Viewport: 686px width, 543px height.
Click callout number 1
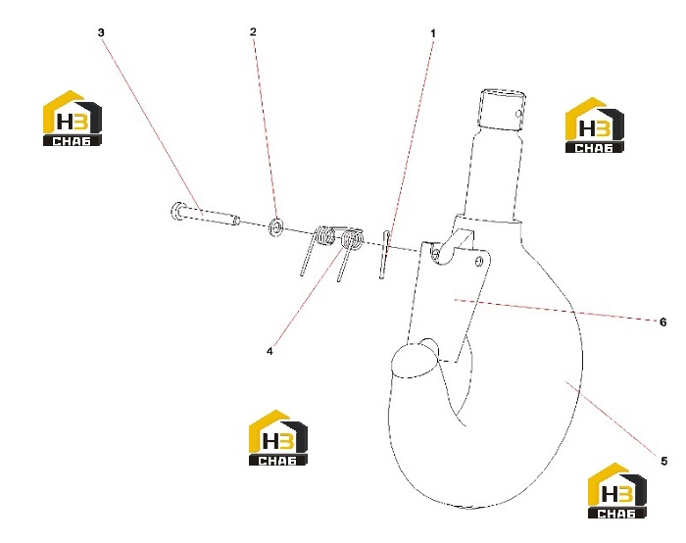(x=433, y=33)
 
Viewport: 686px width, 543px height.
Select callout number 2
(x=253, y=32)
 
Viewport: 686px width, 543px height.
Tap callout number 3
(x=101, y=32)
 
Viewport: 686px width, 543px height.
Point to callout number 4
(x=269, y=351)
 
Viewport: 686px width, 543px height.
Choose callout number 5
(x=664, y=462)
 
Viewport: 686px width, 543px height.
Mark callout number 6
(x=663, y=322)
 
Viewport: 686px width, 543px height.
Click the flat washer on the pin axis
(x=276, y=226)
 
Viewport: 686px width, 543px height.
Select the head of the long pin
(x=176, y=212)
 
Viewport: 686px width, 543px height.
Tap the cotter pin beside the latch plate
(x=384, y=254)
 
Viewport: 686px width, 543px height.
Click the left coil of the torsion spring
(x=324, y=236)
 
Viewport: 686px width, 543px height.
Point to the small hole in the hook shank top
(x=518, y=115)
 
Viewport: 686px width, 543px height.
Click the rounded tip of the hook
(x=414, y=360)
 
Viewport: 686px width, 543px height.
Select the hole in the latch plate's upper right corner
(x=478, y=261)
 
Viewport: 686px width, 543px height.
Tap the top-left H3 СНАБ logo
(x=73, y=119)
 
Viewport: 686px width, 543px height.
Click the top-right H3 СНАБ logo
(x=595, y=125)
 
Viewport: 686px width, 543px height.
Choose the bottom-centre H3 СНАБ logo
(x=278, y=437)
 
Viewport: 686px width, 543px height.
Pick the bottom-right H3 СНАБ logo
(x=617, y=491)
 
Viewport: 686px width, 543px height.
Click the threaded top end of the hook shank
(x=502, y=110)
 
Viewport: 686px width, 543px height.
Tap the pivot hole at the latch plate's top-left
(x=436, y=253)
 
